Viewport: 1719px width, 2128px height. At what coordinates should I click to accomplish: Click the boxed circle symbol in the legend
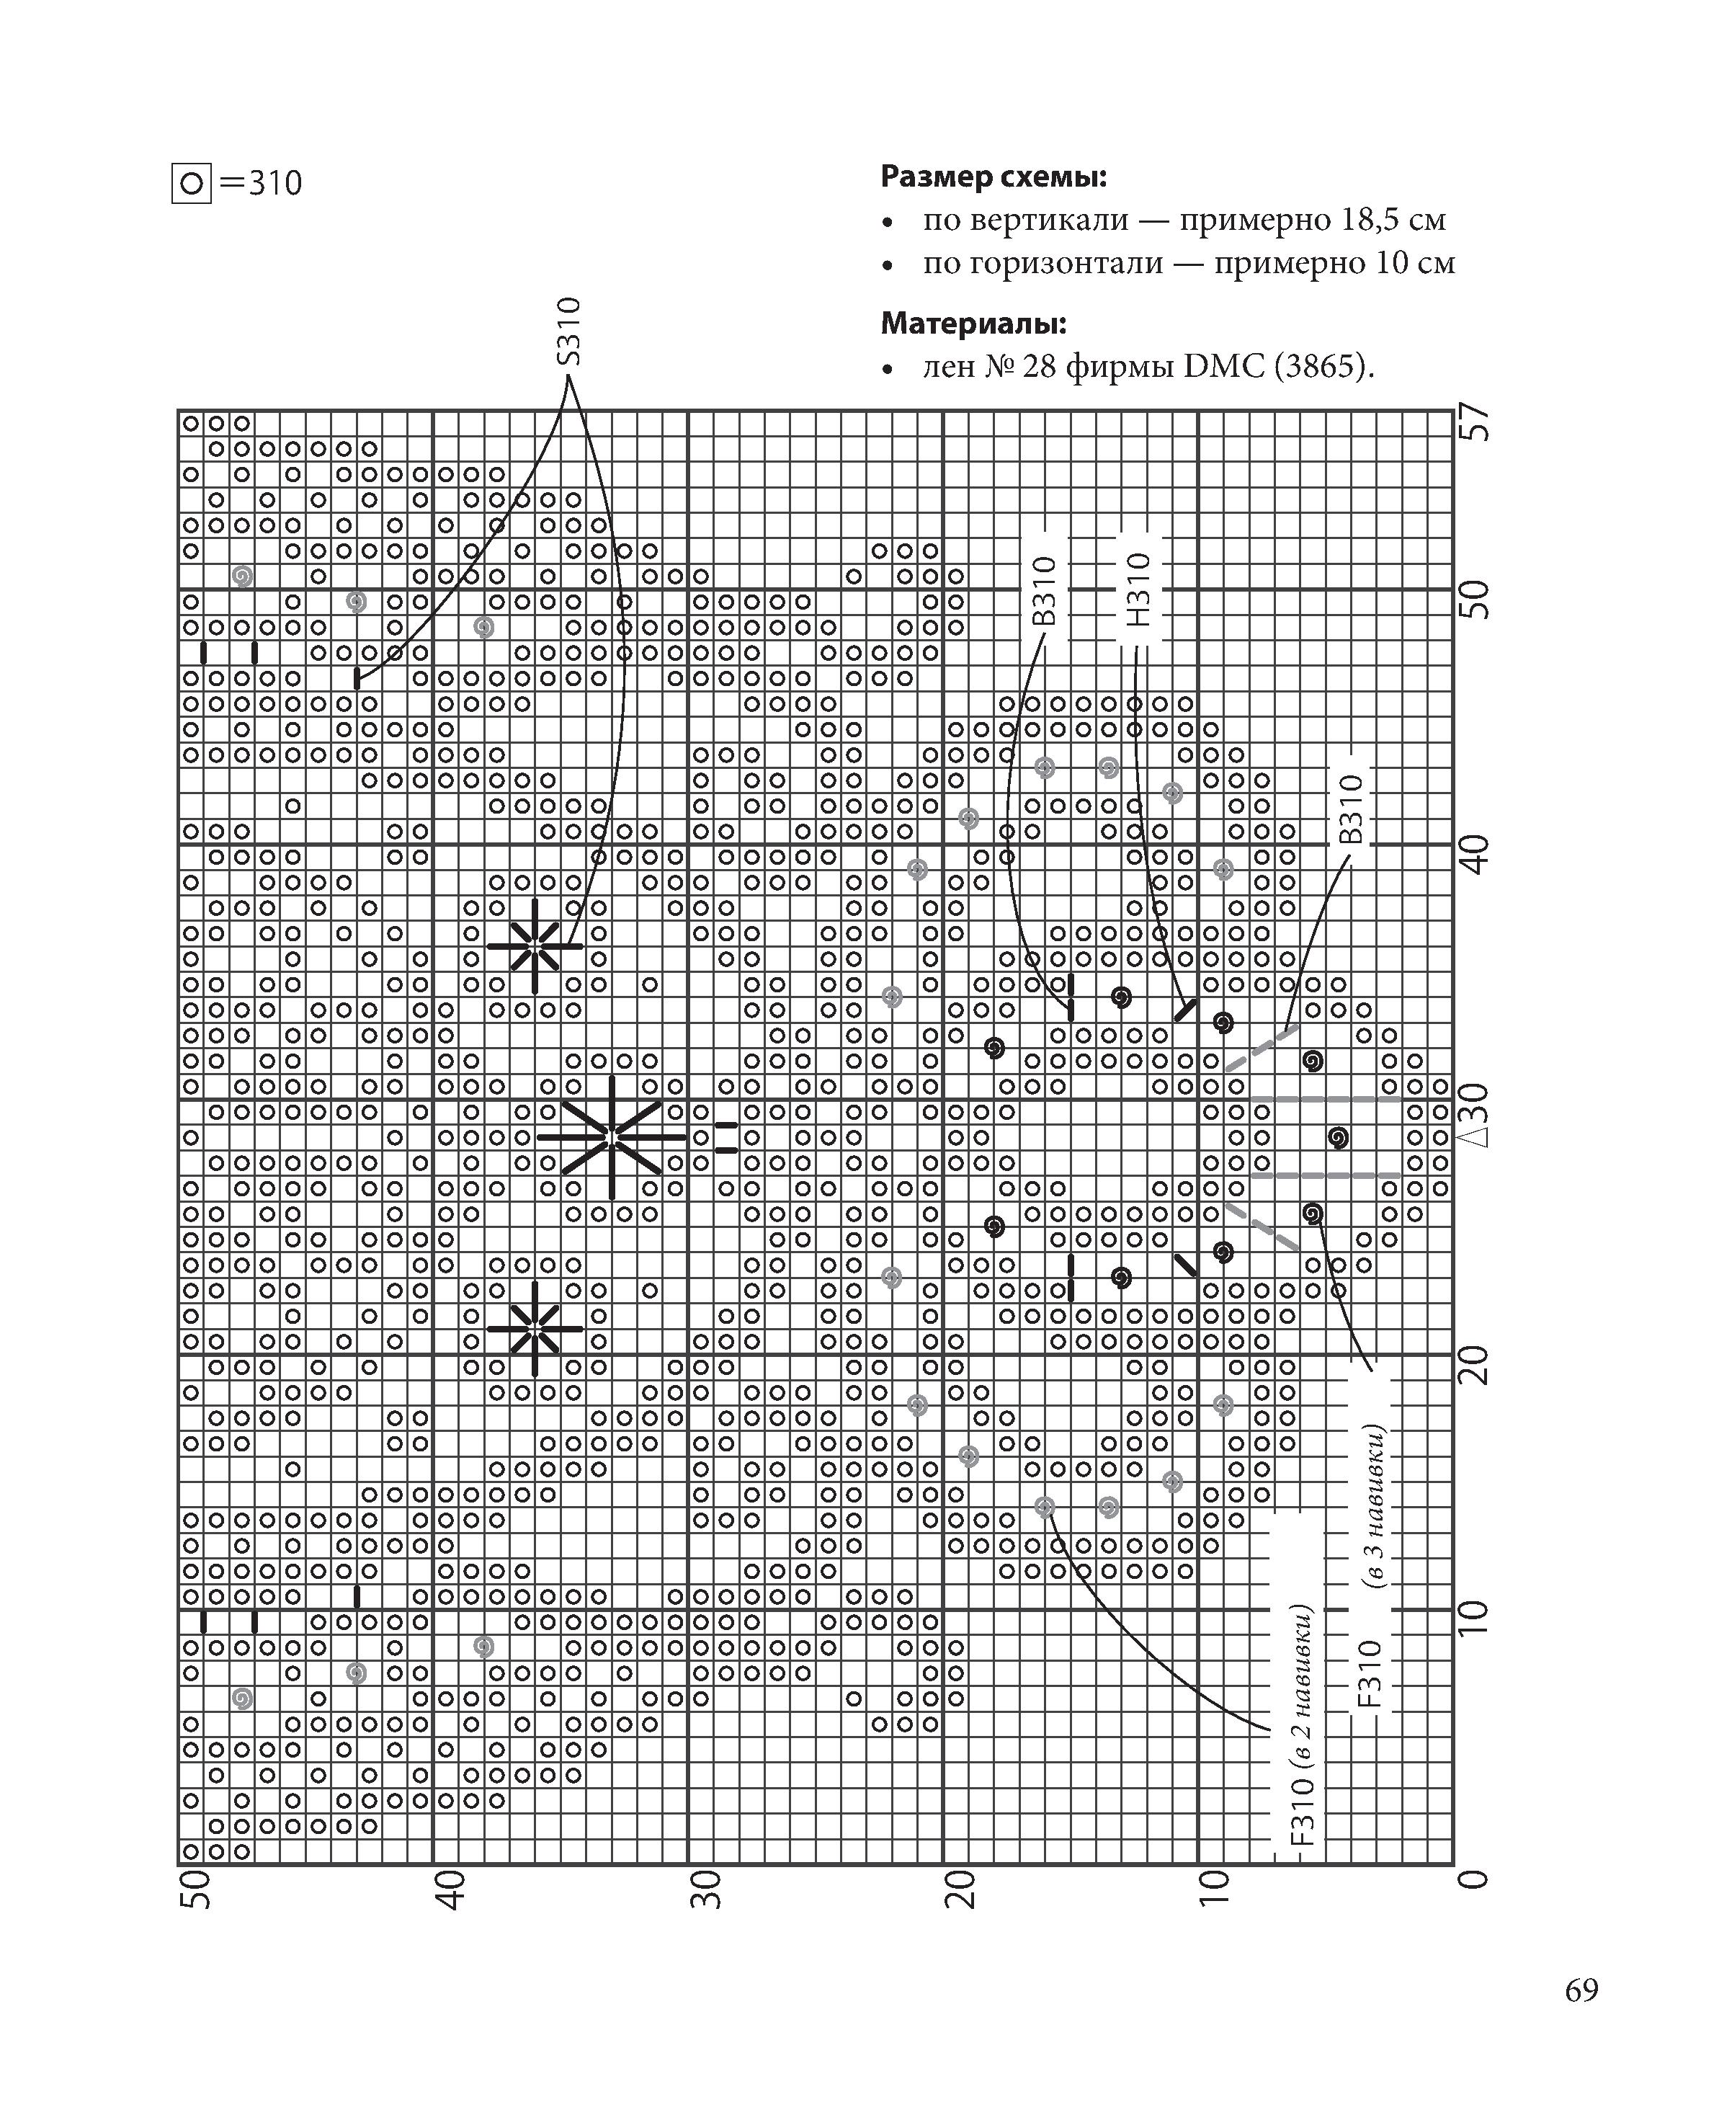click(x=191, y=183)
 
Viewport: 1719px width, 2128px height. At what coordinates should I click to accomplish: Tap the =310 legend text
click(x=262, y=183)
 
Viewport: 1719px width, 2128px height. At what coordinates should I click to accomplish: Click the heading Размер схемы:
click(x=994, y=177)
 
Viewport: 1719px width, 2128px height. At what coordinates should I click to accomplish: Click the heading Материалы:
click(x=973, y=323)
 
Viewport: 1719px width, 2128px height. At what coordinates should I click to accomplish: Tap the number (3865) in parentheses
click(x=1324, y=368)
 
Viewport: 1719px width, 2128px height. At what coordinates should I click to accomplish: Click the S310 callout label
click(x=568, y=331)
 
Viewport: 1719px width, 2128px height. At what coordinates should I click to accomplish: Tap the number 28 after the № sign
click(x=1034, y=368)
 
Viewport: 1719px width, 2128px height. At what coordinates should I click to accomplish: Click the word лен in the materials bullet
click(x=947, y=368)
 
